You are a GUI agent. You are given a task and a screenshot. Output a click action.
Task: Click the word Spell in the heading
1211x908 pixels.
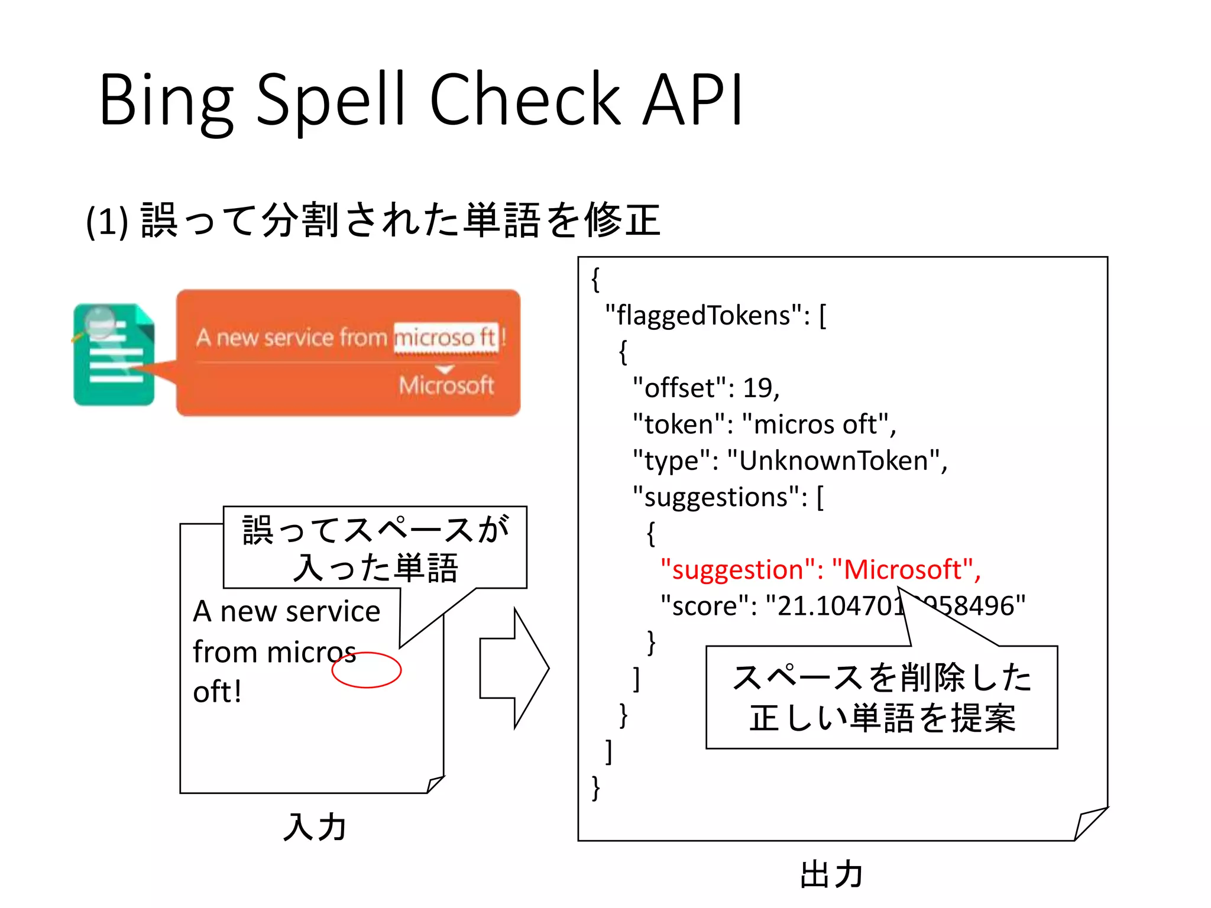(x=331, y=100)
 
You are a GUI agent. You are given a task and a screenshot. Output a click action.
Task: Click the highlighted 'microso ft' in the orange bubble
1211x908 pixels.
(x=446, y=338)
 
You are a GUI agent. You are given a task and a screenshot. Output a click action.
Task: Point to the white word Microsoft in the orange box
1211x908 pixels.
(x=446, y=385)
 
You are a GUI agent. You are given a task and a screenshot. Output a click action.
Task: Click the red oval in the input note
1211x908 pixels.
(x=367, y=670)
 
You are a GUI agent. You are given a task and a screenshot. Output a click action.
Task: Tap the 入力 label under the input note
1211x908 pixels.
(x=315, y=826)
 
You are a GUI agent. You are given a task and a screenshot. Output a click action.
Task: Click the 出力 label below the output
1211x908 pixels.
(x=831, y=874)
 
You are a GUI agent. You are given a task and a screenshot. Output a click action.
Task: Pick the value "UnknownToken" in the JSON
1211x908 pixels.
(x=834, y=461)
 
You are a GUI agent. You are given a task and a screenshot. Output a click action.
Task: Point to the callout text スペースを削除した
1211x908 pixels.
(x=881, y=677)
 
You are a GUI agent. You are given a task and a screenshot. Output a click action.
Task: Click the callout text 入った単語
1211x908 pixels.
(x=375, y=567)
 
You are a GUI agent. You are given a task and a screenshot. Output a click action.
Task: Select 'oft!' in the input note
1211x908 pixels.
(x=218, y=692)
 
